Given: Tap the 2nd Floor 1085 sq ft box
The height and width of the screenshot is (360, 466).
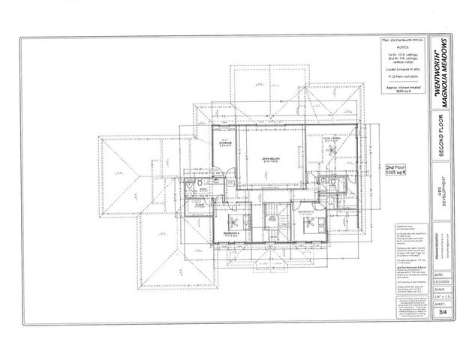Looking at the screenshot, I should (x=396, y=169).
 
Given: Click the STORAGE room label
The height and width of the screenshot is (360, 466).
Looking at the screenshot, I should (x=225, y=142).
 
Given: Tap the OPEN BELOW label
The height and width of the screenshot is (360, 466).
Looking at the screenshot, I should (x=270, y=160).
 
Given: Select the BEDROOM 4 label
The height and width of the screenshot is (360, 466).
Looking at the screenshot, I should (x=231, y=234).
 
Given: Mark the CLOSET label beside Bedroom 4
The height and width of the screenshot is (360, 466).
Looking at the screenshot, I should (x=201, y=203).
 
